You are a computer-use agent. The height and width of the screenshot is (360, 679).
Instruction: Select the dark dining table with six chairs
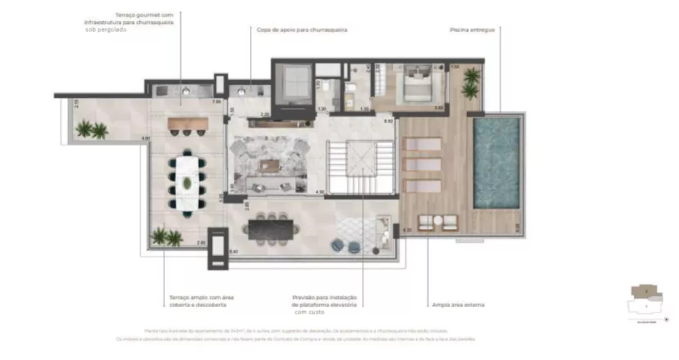click(271, 229)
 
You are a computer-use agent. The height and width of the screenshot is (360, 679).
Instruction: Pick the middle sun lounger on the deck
click(422, 164)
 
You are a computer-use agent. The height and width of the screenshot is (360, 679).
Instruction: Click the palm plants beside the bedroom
click(471, 82)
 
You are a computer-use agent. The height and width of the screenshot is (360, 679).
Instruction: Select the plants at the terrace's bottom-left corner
click(166, 237)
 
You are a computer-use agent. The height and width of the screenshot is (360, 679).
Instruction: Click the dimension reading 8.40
click(234, 252)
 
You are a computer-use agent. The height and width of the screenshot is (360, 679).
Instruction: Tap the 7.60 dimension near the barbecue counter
click(217, 102)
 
